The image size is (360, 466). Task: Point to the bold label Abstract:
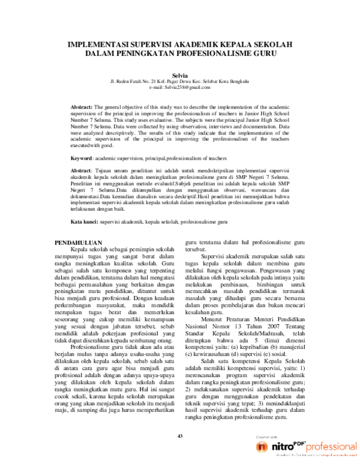[82, 104]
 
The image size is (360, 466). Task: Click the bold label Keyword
[82, 158]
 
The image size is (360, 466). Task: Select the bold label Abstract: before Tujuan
[82, 171]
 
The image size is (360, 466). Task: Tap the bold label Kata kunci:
[85, 222]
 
